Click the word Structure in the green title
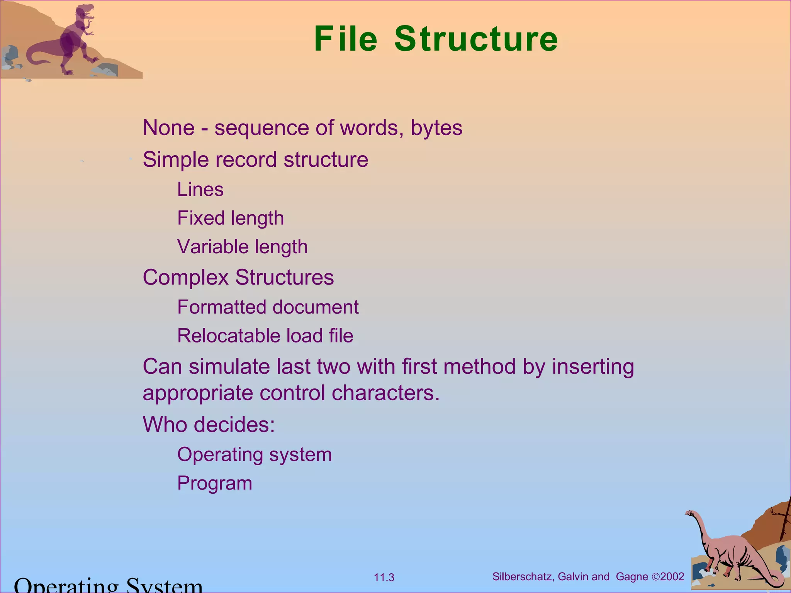tap(476, 39)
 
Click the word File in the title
tap(346, 39)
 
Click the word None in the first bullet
tap(168, 128)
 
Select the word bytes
tap(436, 128)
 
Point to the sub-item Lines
tap(200, 190)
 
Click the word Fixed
tap(201, 218)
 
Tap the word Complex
tap(186, 278)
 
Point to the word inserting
tap(593, 367)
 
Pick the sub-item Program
tap(214, 483)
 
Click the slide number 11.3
tap(384, 578)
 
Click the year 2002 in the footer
tap(672, 577)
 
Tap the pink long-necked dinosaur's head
tap(690, 513)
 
